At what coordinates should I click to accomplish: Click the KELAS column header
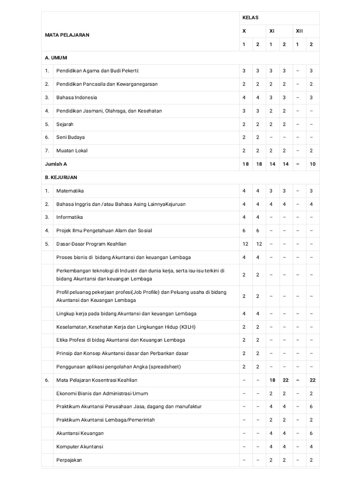point(250,18)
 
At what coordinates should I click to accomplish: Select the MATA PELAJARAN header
point(67,35)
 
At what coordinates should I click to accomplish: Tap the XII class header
point(300,31)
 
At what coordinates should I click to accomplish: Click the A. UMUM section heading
point(56,58)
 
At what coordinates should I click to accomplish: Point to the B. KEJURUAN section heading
point(61,178)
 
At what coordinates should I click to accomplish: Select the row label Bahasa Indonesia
point(76,97)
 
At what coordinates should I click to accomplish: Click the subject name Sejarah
point(65,124)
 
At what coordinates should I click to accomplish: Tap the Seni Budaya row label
point(70,137)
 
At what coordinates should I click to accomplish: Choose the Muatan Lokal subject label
point(72,150)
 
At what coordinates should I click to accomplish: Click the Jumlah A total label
point(56,164)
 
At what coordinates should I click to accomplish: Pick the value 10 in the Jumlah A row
point(312,164)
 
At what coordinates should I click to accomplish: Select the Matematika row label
point(70,191)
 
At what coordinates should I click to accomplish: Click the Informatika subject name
point(69,217)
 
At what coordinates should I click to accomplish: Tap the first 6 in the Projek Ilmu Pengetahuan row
point(244,230)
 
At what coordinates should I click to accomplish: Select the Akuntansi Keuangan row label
point(80,433)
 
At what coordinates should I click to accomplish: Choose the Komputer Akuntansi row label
point(80,447)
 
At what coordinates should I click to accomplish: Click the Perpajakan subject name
point(69,460)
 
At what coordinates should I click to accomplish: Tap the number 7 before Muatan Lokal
point(47,150)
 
